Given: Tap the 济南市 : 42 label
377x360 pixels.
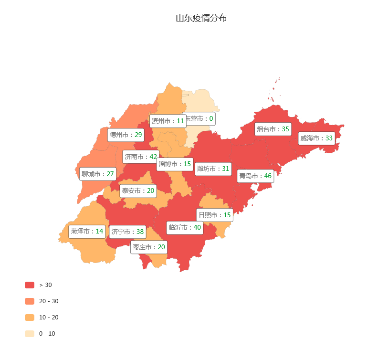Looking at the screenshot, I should (140, 157).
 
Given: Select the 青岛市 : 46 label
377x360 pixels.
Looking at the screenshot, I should (255, 176).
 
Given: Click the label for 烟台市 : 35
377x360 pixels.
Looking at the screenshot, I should (273, 129).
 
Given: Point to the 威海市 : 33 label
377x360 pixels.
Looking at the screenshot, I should (316, 138).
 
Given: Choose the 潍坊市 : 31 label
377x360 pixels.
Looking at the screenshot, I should (213, 169).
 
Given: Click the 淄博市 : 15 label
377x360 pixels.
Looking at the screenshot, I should (175, 164).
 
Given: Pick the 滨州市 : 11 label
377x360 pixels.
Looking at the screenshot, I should (168, 121).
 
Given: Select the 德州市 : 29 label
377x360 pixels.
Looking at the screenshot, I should (126, 135).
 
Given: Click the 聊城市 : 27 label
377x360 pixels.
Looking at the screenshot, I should (98, 174).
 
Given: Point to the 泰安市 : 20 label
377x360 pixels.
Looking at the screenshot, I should (138, 191).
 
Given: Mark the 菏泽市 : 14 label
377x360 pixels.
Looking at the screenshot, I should (87, 232).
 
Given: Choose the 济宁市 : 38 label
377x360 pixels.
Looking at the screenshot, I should (127, 232).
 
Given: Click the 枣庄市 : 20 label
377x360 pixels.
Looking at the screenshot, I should (149, 247).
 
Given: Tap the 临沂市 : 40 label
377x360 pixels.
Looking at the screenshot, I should (185, 228).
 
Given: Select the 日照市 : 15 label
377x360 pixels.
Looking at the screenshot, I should (215, 215).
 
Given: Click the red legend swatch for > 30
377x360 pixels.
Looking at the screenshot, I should (30, 285).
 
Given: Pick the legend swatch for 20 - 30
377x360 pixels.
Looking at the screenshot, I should (30, 301).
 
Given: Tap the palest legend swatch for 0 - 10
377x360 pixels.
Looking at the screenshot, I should (30, 334).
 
